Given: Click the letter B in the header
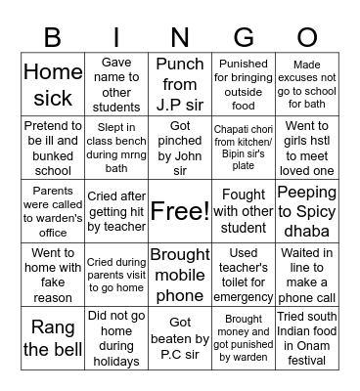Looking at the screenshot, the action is coord(52,37).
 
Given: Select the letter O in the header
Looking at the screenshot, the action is coord(307,37).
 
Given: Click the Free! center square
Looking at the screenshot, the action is coord(180,210).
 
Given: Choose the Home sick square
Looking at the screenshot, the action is coord(53,84).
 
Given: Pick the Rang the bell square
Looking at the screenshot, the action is coord(53,337).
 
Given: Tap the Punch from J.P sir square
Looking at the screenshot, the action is coord(180,84).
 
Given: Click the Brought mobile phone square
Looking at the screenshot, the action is coord(180,274).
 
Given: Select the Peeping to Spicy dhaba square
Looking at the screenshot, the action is coord(306,210).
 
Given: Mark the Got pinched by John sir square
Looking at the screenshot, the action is coord(180,148).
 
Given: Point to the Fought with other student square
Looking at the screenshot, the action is coord(244,210).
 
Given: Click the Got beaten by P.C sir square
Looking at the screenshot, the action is coord(180,337).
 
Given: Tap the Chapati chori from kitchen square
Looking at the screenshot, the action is coord(244,148).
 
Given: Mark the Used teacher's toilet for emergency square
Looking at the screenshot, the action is coord(244,274).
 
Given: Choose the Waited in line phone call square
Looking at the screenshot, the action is coord(306,274).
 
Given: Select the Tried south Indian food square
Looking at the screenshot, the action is coord(306,337).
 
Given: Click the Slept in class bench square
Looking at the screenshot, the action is coord(116,148).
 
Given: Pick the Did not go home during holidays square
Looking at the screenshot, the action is coord(116,337).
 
